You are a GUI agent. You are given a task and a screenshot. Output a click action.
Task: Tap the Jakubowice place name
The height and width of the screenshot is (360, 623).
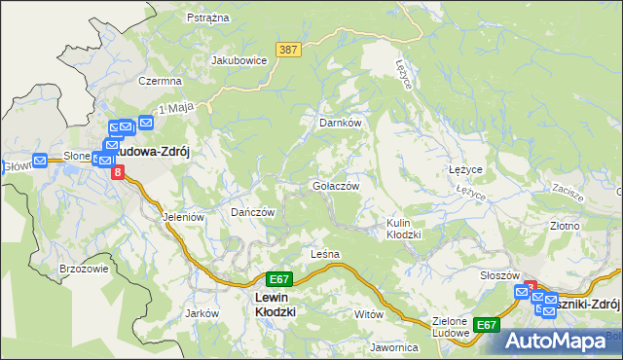pos(239,59)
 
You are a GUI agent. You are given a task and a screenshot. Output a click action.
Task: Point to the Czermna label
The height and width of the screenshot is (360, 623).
pos(161,82)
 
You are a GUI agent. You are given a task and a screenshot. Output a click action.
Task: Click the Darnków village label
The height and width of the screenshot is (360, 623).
pos(341,124)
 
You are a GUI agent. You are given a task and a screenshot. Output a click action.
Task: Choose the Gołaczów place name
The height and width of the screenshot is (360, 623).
pos(336,186)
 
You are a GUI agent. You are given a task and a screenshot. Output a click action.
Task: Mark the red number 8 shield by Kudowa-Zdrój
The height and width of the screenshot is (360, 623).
pos(118,172)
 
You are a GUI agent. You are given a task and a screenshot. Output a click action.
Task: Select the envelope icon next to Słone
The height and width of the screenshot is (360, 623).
pos(40,162)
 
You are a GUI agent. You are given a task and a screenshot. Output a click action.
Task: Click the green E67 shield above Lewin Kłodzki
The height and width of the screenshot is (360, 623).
pos(279,278)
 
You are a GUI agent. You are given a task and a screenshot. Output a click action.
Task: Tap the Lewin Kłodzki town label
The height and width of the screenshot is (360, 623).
pos(274,305)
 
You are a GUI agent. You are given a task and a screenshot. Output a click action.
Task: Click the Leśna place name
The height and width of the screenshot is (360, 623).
pos(324,254)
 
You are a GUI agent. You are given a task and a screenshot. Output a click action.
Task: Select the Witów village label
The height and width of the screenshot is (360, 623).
pos(369,314)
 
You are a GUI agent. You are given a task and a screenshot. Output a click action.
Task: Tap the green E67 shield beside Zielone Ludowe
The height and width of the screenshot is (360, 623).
pos(486,324)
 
